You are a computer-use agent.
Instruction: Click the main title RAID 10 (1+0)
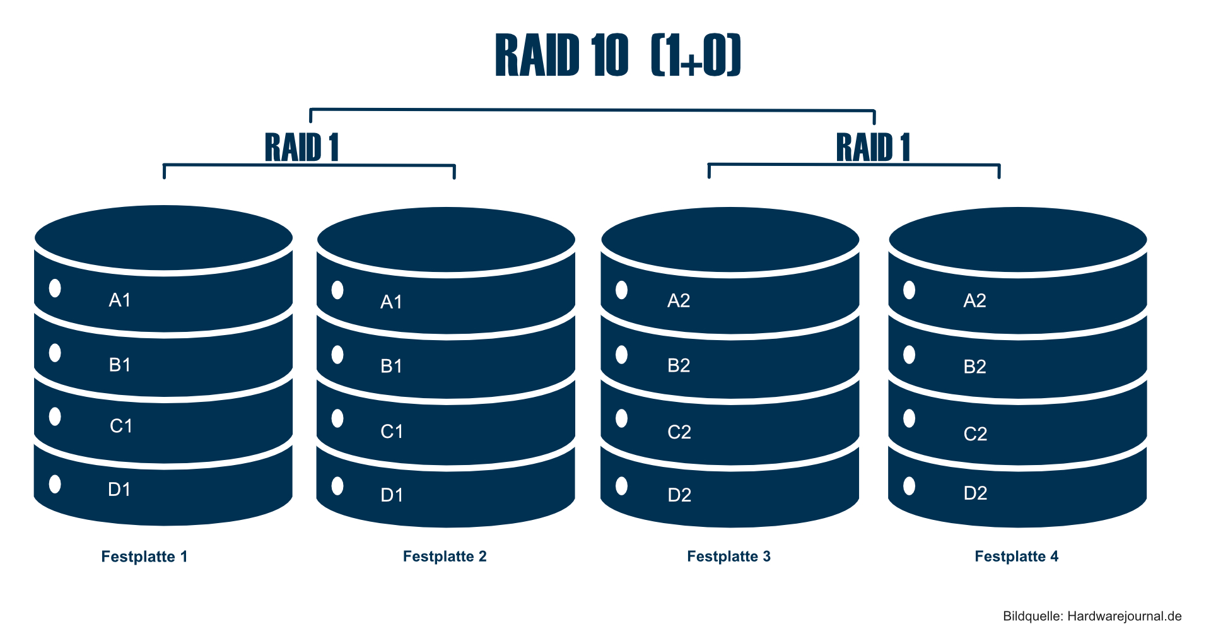[x=617, y=56]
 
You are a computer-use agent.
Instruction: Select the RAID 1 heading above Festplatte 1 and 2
[x=301, y=148]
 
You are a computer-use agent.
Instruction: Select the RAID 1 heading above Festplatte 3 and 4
[x=873, y=148]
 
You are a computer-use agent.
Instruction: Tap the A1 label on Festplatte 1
[x=120, y=300]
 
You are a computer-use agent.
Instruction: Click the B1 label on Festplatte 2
[x=391, y=366]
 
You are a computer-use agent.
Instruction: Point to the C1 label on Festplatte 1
[x=121, y=426]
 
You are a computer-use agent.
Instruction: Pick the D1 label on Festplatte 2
[x=392, y=495]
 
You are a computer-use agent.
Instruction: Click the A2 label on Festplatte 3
[x=679, y=300]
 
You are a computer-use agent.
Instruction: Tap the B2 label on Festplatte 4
[x=974, y=367]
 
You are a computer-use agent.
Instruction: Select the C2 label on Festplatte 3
[x=679, y=432]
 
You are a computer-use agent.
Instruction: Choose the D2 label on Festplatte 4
[x=975, y=493]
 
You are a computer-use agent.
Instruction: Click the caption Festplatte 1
[x=144, y=557]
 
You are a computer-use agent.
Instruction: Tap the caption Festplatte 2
[x=445, y=557]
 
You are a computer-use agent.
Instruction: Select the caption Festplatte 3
[x=728, y=557]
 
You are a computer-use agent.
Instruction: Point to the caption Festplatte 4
[x=1016, y=557]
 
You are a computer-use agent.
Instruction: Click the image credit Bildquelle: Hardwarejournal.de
[x=1092, y=616]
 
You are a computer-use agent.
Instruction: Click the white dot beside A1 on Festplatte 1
[x=55, y=288]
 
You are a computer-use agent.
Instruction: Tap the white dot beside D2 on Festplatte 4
[x=909, y=486]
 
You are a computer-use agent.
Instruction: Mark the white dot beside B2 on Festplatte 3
[x=621, y=355]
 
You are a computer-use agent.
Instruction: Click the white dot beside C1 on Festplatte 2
[x=337, y=418]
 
